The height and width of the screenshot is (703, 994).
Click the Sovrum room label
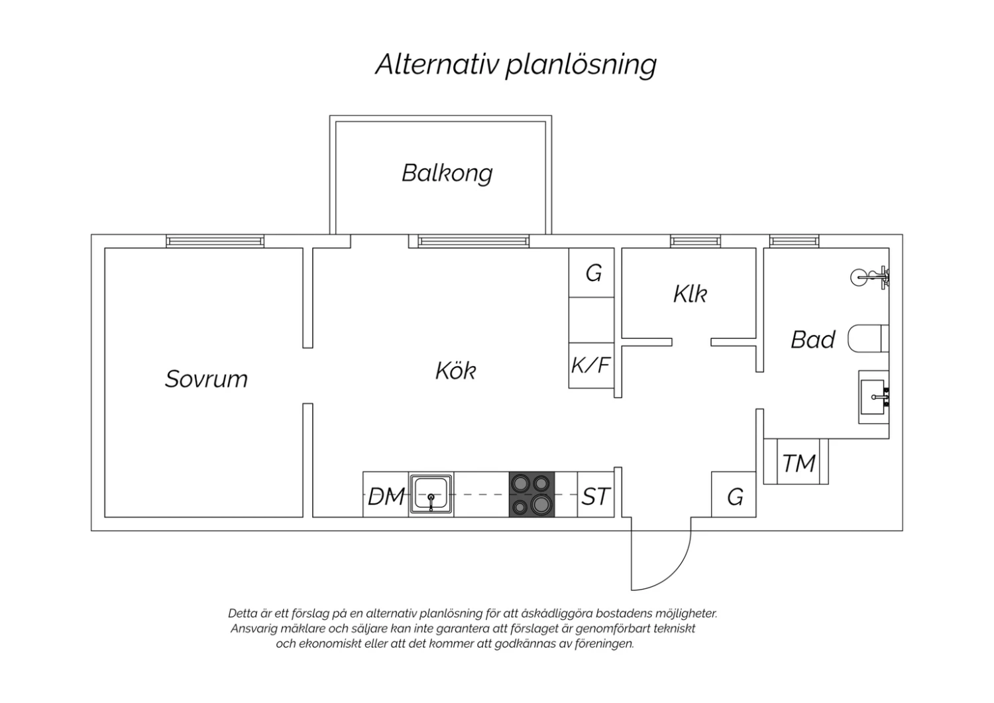[x=206, y=379]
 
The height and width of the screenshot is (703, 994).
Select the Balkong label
[x=447, y=173]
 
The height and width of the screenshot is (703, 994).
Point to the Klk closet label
[x=690, y=294]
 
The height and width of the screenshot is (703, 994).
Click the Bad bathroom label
[x=813, y=340]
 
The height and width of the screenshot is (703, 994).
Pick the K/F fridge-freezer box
[x=591, y=365]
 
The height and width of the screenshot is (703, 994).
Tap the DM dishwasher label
[x=386, y=497]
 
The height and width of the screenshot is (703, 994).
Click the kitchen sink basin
[x=431, y=494]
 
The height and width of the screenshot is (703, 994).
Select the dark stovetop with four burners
[x=531, y=494]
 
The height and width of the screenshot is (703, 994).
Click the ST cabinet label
[x=596, y=497]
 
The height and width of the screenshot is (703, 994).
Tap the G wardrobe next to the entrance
[x=734, y=494]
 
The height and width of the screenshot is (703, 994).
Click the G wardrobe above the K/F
[x=592, y=272]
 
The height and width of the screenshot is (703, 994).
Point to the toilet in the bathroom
[x=868, y=338]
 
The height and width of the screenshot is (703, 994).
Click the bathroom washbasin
[x=874, y=397]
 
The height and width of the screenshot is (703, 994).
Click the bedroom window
[x=215, y=241]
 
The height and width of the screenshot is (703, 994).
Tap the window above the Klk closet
[x=695, y=241]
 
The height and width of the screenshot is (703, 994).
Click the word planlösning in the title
[x=581, y=65]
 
